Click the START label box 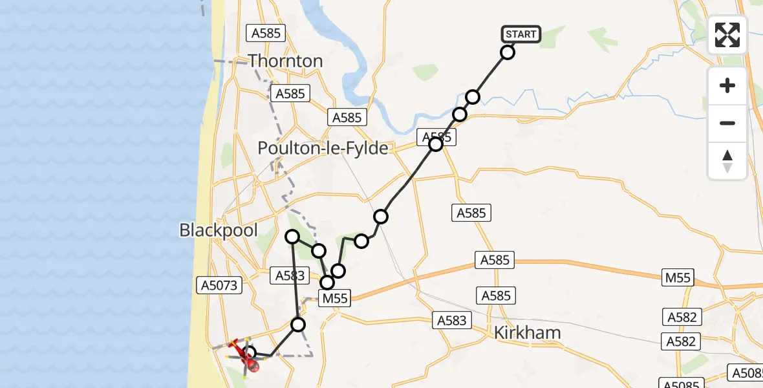pos(521,34)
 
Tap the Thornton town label pos(285,61)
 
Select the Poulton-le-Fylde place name pos(323,149)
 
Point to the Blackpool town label pos(219,230)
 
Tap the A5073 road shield pos(219,285)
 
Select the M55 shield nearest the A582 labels pos(677,278)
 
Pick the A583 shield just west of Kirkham pos(451,319)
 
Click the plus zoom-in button pos(727,85)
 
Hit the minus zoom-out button pos(727,123)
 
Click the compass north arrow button pos(727,160)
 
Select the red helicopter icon pos(249,358)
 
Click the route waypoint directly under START pos(508,52)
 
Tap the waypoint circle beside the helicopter pos(250,352)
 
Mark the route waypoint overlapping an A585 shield pos(436,144)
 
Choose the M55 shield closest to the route pos(335,298)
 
